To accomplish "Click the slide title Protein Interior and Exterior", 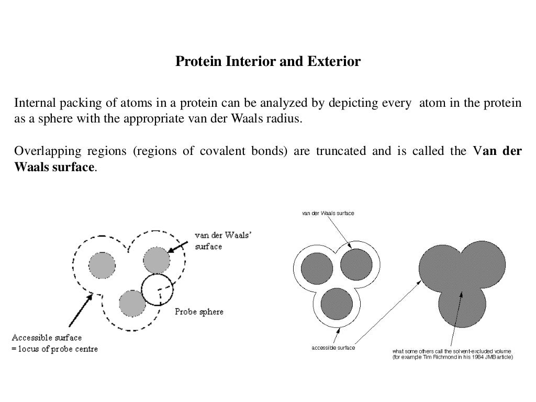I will (x=267, y=62).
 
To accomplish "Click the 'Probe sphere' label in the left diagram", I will (x=198, y=312).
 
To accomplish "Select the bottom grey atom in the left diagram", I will (x=132, y=303).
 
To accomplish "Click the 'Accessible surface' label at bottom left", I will (x=47, y=338).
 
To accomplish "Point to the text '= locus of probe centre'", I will (x=55, y=349).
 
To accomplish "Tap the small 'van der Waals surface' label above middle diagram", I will (x=328, y=214).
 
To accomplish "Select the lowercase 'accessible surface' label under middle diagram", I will (x=333, y=348).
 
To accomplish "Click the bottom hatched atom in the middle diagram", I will (x=336, y=305).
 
